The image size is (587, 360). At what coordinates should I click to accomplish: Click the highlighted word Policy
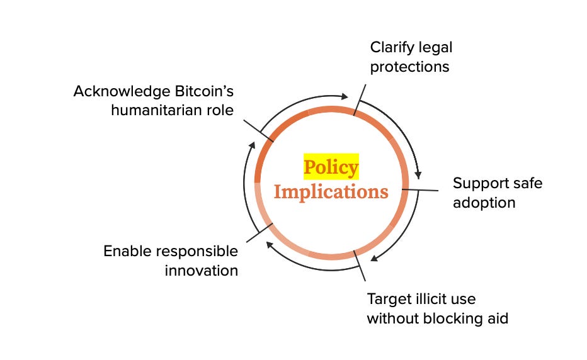pyautogui.click(x=331, y=167)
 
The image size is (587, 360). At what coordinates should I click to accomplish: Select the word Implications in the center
pyautogui.click(x=331, y=191)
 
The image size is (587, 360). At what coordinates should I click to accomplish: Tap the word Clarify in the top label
pyautogui.click(x=388, y=47)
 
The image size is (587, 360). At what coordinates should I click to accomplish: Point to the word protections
pyautogui.click(x=409, y=67)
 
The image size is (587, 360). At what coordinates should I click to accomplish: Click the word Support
pyautogui.click(x=479, y=183)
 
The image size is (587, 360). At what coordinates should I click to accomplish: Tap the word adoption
pyautogui.click(x=484, y=203)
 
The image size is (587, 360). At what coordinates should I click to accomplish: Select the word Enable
pyautogui.click(x=126, y=251)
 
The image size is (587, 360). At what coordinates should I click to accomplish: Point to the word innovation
pyautogui.click(x=202, y=271)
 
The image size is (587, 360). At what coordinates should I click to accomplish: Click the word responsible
pyautogui.click(x=198, y=251)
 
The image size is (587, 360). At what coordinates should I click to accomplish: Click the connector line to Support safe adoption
pyautogui.click(x=420, y=189)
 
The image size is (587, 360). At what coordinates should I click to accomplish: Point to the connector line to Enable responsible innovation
pyautogui.click(x=258, y=233)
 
